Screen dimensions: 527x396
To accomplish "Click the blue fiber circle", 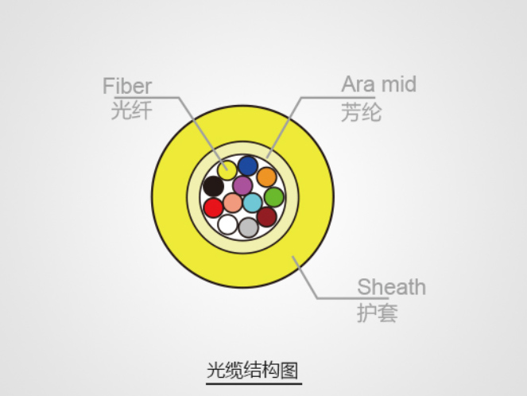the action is (x=248, y=165).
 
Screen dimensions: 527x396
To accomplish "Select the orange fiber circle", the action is (x=267, y=177).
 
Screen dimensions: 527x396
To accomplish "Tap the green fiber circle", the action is (x=274, y=197).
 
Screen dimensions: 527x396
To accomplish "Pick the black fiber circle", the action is (x=213, y=186).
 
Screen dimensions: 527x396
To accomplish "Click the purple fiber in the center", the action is (x=242, y=185).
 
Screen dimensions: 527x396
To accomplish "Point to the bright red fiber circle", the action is (x=213, y=208).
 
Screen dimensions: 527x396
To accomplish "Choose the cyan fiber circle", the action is (x=253, y=203).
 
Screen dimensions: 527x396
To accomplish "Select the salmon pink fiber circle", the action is (x=233, y=203).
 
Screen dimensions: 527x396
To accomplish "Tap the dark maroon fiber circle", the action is (x=267, y=217).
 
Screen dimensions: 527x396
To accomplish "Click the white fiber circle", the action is (x=227, y=224).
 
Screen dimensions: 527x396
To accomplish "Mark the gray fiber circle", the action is (x=248, y=227).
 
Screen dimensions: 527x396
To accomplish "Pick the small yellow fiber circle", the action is (x=227, y=170).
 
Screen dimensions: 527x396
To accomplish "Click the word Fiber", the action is (x=127, y=86).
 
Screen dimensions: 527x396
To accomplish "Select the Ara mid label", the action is (x=379, y=84).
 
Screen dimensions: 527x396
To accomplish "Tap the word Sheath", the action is (x=392, y=287).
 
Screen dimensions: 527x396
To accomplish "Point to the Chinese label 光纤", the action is (x=131, y=110).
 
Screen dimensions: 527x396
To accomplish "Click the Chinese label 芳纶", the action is (x=362, y=112).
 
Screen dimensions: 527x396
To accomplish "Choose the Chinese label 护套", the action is (x=378, y=313).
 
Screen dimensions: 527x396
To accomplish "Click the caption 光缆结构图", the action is (x=253, y=371).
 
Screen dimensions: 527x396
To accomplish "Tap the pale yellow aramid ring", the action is (x=242, y=147).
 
